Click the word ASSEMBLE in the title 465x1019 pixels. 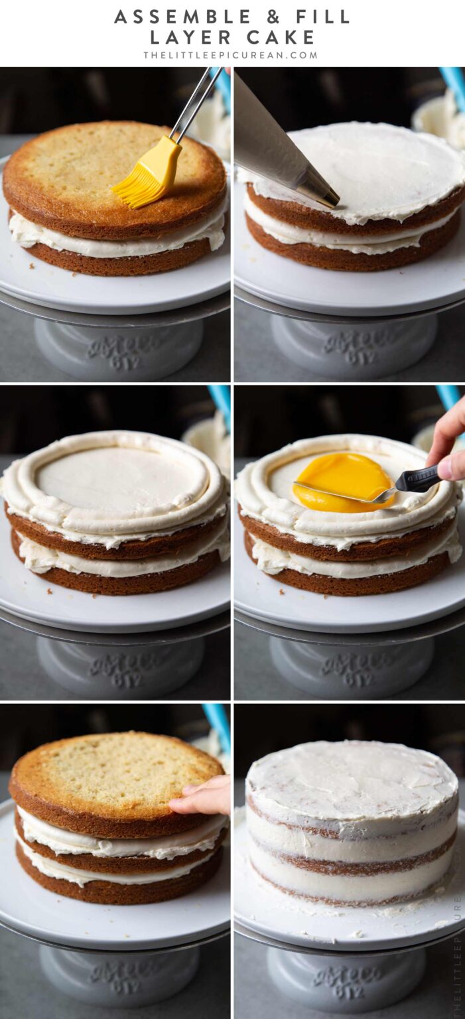tap(180, 17)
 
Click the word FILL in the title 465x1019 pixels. tap(322, 17)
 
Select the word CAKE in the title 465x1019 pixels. tap(281, 36)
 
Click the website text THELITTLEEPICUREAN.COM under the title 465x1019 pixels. tap(231, 55)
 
